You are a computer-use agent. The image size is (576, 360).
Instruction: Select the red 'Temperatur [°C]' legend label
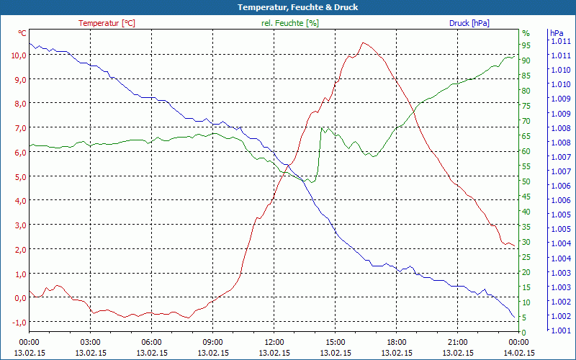click(x=107, y=23)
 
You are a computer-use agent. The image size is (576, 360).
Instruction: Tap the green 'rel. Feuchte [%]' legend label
click(x=289, y=23)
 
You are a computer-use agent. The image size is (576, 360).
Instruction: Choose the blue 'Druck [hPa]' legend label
click(x=469, y=23)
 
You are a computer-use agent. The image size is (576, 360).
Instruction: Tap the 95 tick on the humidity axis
click(x=526, y=45)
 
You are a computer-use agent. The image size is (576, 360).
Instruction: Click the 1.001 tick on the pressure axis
click(x=560, y=330)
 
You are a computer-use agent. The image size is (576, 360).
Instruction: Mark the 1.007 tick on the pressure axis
click(x=560, y=171)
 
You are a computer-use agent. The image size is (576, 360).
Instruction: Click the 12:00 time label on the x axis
click(x=274, y=342)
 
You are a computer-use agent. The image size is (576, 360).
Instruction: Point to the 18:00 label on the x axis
click(x=397, y=342)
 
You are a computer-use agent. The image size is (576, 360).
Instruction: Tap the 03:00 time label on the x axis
click(x=90, y=342)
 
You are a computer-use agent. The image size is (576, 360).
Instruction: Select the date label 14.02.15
click(x=519, y=353)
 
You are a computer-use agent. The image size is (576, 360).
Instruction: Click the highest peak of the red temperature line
click(x=364, y=42)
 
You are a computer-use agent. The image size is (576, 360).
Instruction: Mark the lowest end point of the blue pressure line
click(x=515, y=318)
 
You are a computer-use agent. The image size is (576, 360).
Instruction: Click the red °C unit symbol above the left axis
click(x=22, y=33)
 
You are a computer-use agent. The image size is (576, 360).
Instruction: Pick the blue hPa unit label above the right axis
click(x=557, y=33)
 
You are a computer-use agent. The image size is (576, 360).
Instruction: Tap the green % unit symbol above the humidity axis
click(x=526, y=33)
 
